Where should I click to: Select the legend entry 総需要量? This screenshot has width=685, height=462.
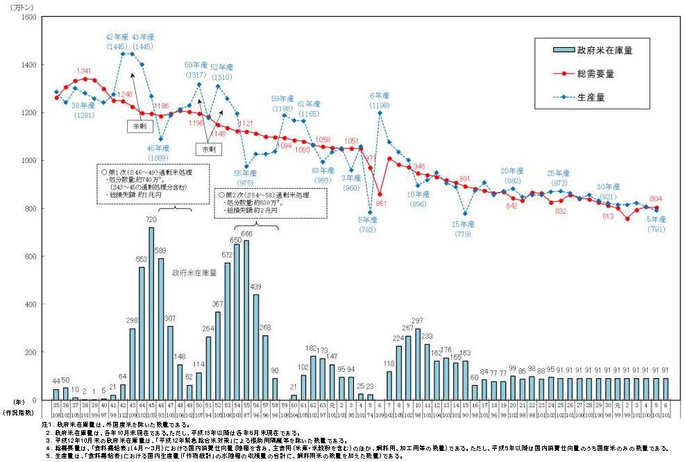[595, 73]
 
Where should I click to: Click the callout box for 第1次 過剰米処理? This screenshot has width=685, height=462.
[153, 184]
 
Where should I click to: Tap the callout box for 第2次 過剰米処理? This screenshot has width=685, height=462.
[264, 201]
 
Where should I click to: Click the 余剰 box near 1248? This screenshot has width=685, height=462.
[136, 126]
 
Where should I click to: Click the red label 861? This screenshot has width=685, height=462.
[380, 203]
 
